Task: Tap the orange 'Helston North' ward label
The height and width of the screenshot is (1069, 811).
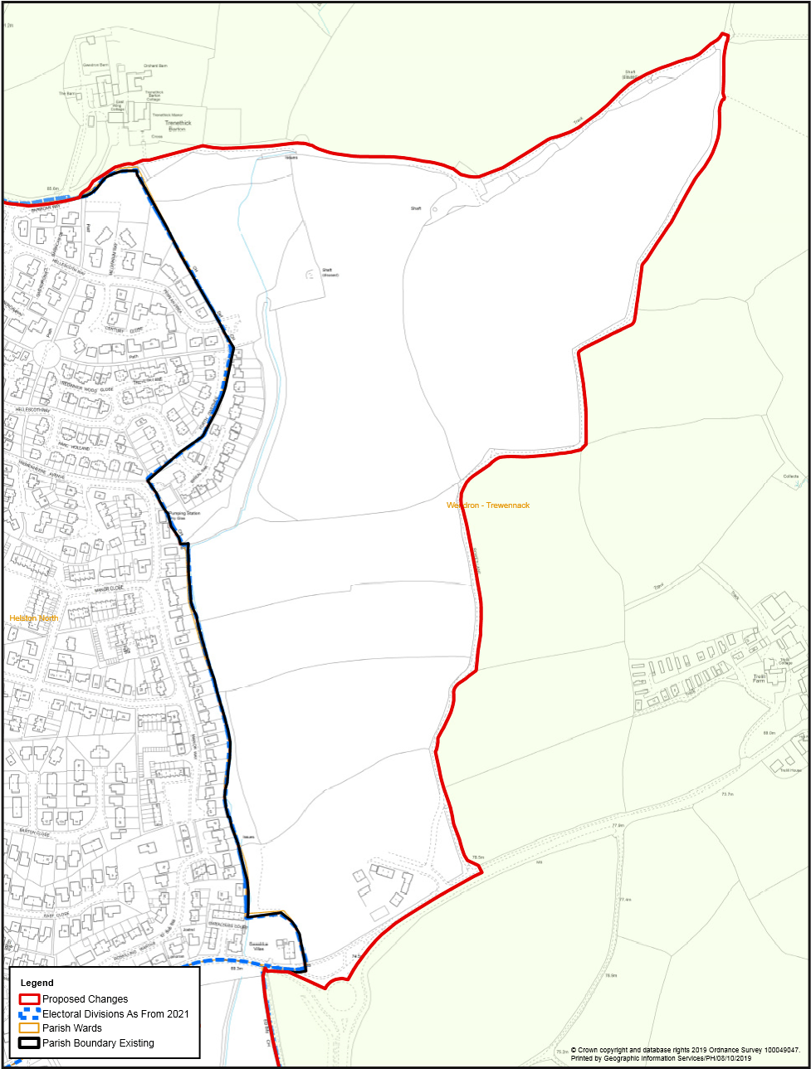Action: click(33, 618)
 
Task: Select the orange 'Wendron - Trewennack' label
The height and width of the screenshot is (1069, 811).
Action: click(488, 505)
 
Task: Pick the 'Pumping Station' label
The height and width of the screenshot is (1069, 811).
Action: click(184, 514)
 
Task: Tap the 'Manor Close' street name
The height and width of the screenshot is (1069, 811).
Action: click(109, 588)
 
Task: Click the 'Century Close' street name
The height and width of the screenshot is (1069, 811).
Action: click(125, 330)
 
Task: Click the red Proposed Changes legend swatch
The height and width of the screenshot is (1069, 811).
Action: click(31, 999)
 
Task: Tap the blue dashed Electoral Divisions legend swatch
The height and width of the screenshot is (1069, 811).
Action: click(31, 1014)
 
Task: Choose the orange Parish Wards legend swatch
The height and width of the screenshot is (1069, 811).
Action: click(31, 1028)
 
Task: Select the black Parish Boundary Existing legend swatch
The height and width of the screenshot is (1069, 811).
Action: click(31, 1043)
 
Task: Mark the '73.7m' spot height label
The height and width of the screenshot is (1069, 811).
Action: click(728, 794)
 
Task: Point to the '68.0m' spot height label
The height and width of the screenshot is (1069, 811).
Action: click(769, 733)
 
